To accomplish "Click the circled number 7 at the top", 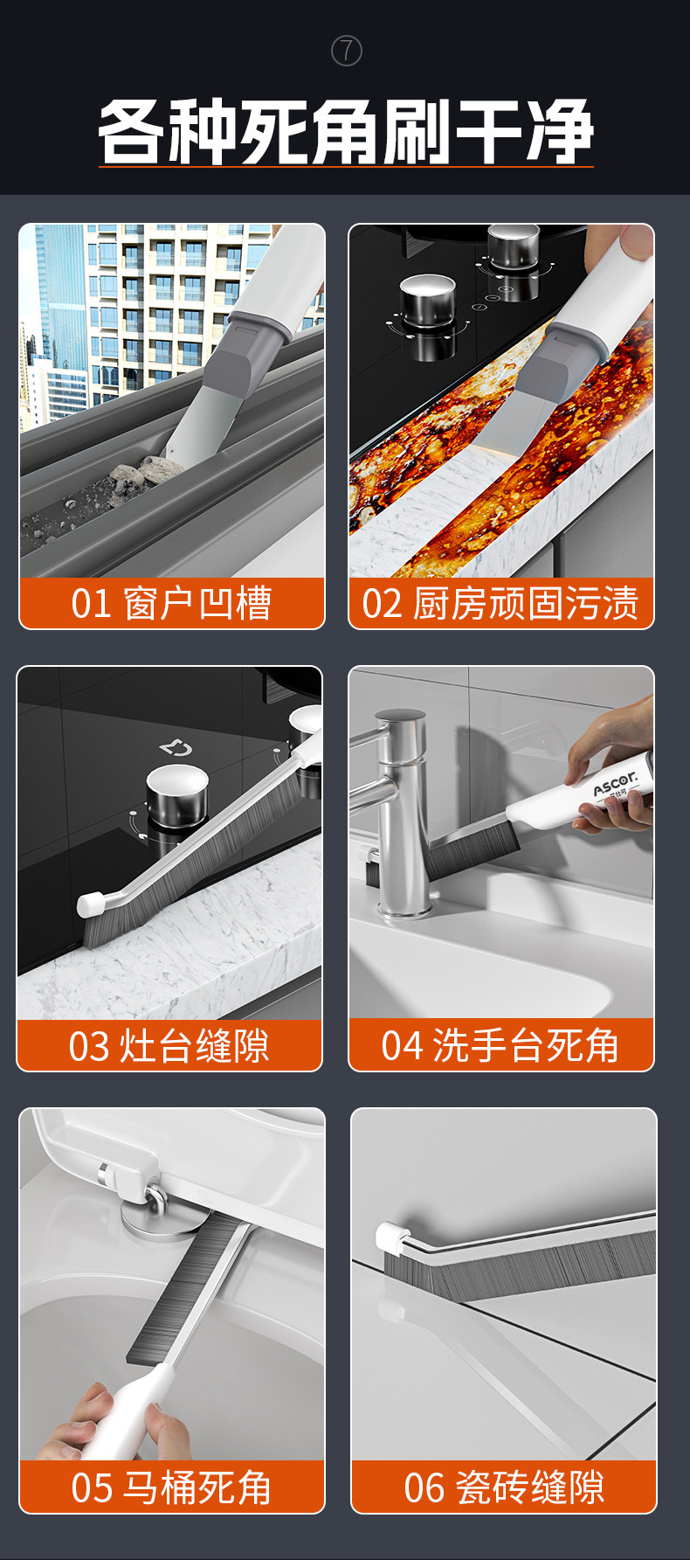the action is click(347, 52).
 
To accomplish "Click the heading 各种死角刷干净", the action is click(346, 132).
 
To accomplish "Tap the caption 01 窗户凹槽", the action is click(171, 603).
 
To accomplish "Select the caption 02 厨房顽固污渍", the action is click(500, 603).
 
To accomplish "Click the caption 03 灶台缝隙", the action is click(169, 1045).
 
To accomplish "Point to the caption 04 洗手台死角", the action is click(500, 1045).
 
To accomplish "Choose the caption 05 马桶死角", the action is click(171, 1487).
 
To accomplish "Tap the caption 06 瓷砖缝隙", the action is click(504, 1487).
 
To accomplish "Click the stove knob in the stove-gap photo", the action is click(176, 794).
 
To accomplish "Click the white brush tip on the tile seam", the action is click(391, 1235).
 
